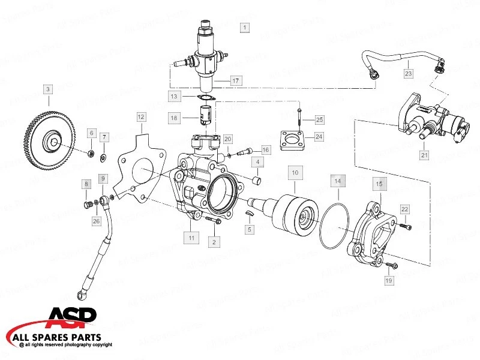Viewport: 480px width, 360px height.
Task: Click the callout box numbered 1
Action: point(244,27)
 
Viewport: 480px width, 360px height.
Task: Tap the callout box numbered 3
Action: point(48,89)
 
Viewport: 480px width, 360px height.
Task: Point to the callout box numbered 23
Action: point(408,73)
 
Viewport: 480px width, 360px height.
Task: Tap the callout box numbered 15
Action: point(378,181)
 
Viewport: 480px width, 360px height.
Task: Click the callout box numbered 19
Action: point(388,280)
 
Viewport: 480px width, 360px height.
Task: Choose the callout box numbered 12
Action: point(141,117)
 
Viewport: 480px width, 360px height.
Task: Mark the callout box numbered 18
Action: point(174,118)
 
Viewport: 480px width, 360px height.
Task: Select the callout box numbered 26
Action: point(96,221)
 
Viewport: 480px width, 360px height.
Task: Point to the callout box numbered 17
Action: point(236,80)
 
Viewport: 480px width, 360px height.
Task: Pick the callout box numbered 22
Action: point(405,209)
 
